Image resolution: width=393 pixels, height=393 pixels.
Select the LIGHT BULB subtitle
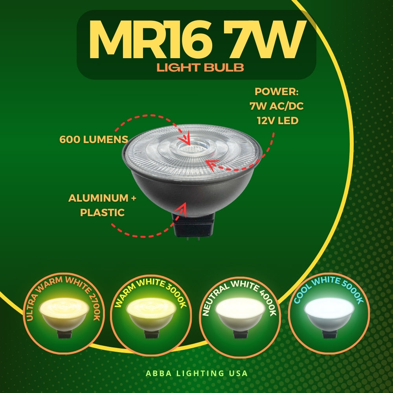pos(200,68)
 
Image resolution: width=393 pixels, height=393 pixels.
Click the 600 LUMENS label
pos(94,140)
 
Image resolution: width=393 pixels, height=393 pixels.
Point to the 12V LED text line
pos(278,121)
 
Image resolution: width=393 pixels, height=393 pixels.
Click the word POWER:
pos(277,92)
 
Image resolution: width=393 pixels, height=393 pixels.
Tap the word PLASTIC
pos(102,213)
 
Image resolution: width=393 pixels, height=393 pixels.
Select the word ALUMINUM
pos(98,198)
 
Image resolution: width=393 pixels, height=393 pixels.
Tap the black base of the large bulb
pos(193,224)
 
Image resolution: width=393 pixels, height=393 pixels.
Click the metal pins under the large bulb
pos(193,239)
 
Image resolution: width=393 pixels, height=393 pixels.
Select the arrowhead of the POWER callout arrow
pos(212,165)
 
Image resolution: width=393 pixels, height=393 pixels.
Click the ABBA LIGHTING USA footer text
pos(197,373)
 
